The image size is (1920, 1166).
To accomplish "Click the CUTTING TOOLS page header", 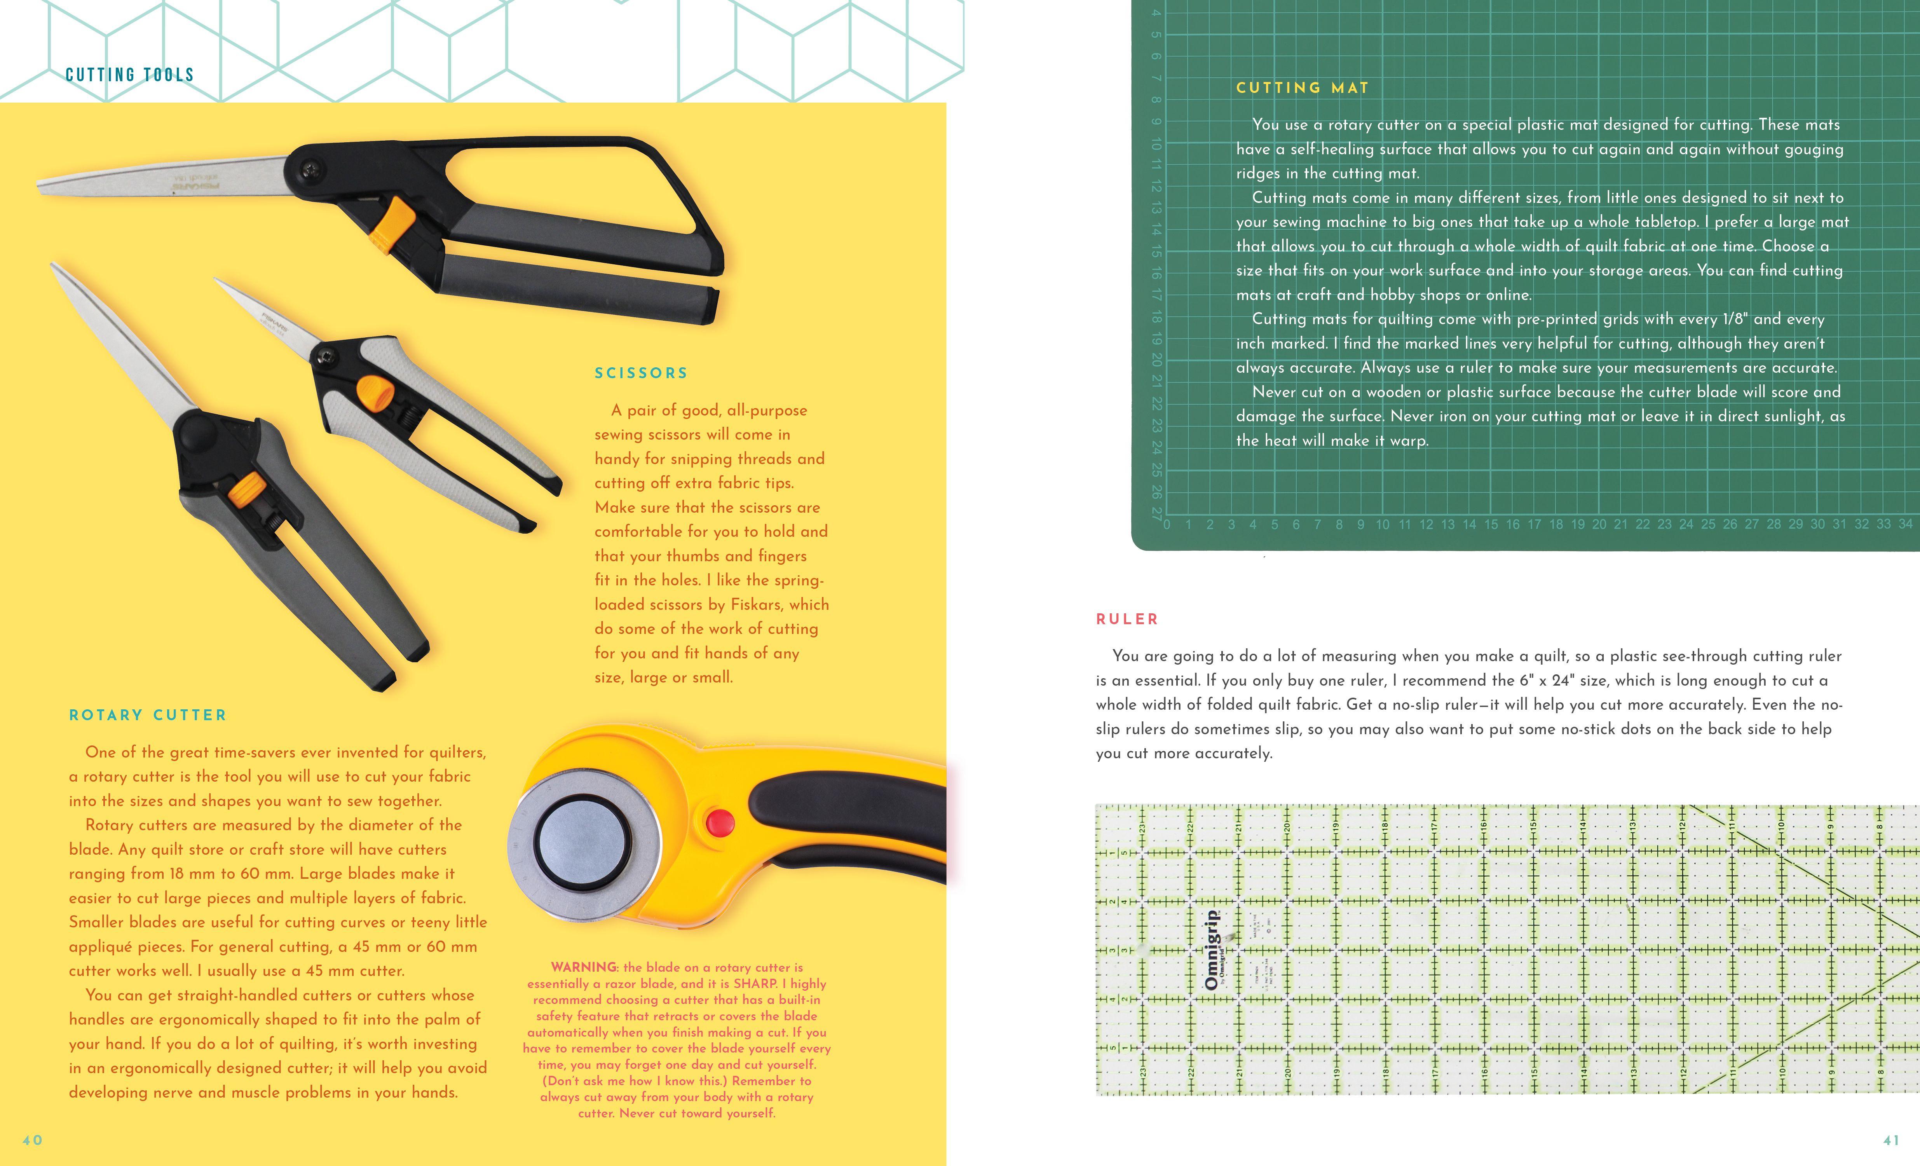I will [129, 75].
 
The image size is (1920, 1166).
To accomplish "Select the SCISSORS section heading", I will [641, 374].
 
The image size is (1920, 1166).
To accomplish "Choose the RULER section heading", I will [1127, 620].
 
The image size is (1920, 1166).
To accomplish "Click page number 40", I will [32, 1140].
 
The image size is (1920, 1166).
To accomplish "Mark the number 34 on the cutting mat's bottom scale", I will [1904, 524].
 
